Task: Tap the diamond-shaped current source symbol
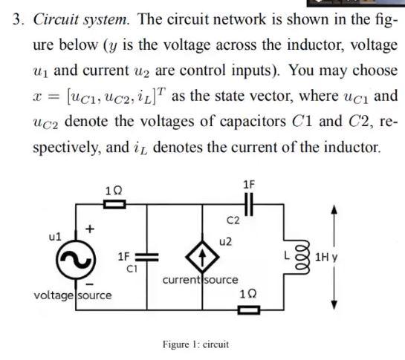(206, 258)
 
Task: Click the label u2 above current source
(226, 241)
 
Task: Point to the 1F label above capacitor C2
(249, 184)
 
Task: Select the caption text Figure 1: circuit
(195, 344)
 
